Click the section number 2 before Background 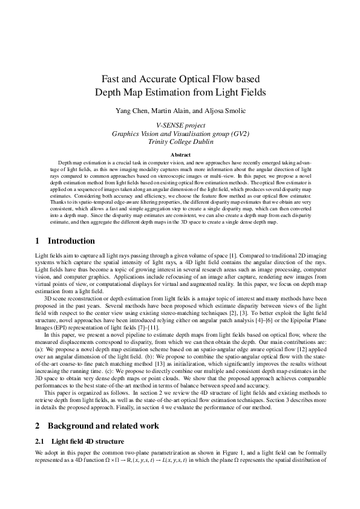[x=38, y=426]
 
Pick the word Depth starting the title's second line [x=108, y=92]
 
